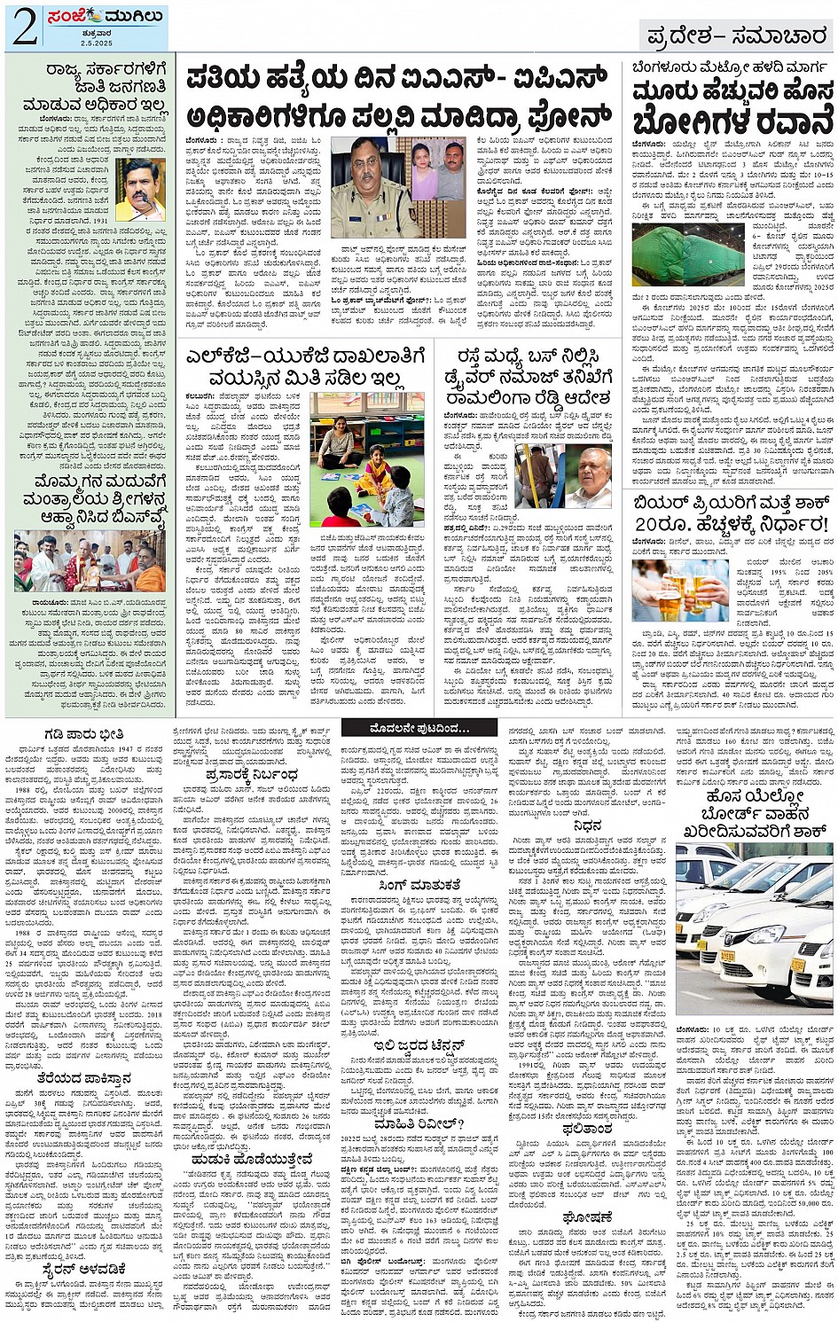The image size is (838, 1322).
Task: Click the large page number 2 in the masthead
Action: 24,27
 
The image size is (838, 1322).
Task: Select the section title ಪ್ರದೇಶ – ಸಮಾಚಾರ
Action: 737,36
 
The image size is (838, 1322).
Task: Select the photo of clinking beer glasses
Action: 681,590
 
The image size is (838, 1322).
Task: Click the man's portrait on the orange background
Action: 140,190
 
